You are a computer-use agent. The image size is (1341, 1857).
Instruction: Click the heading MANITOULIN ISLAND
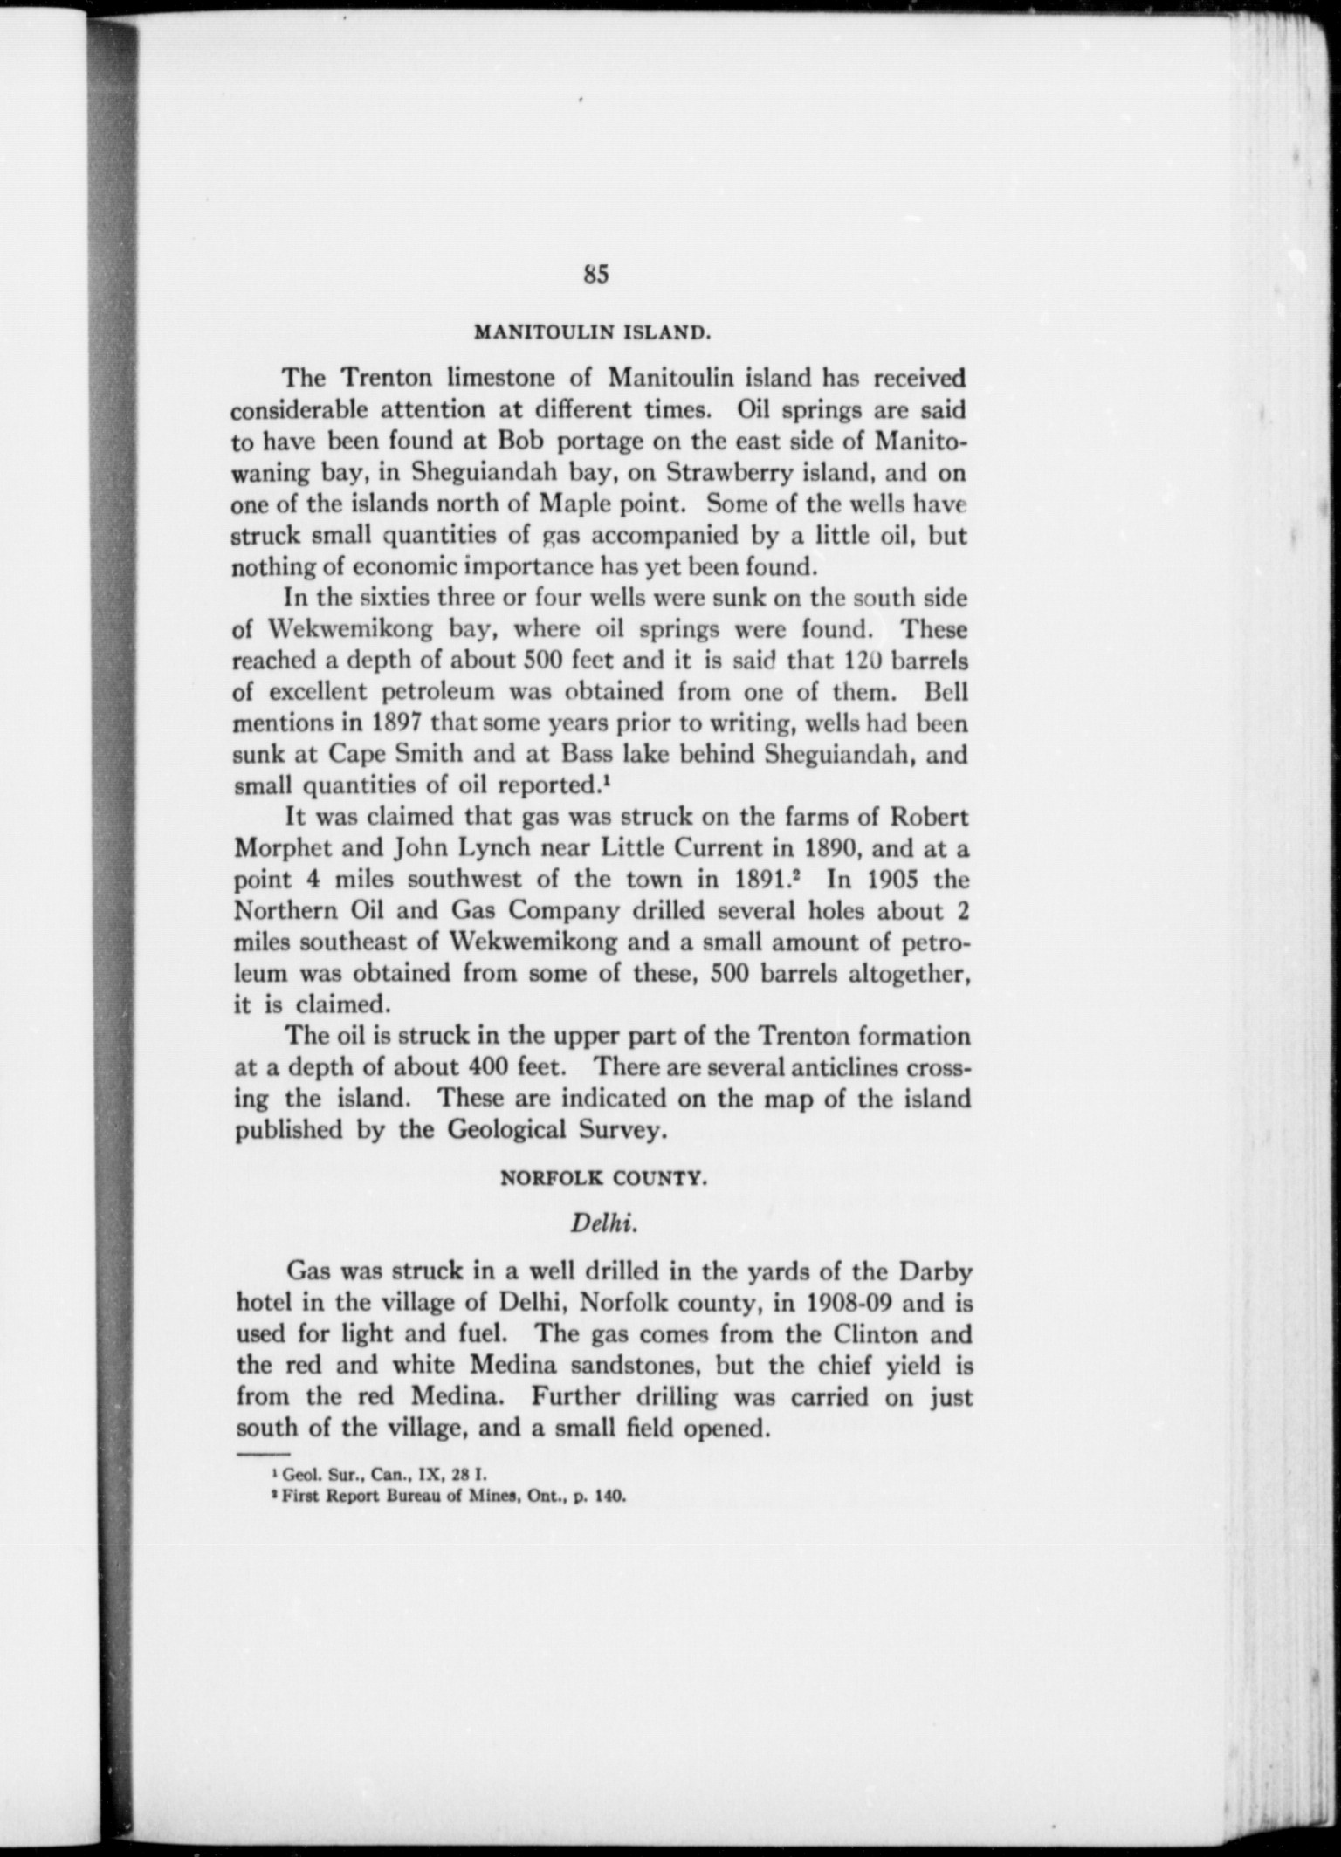(x=590, y=332)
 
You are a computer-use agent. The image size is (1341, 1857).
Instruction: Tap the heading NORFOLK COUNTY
(x=602, y=1178)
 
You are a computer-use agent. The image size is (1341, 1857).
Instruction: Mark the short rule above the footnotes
(x=262, y=1456)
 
